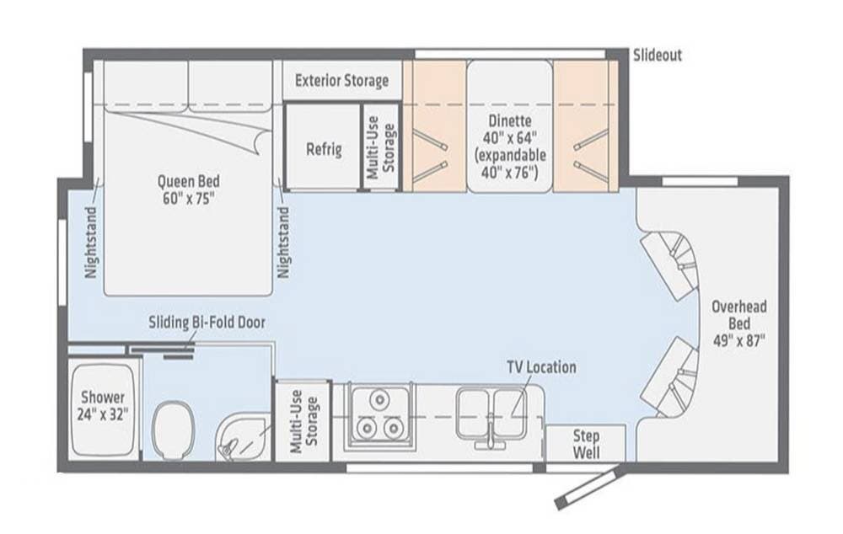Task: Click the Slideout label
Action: pos(657,56)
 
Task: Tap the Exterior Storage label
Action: pos(342,81)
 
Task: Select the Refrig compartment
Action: pos(322,146)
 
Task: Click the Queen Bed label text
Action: pos(189,190)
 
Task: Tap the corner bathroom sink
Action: pos(243,438)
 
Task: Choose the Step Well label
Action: pos(586,444)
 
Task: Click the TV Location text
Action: pos(541,367)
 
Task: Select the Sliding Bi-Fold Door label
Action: pos(207,323)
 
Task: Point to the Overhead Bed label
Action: pos(739,323)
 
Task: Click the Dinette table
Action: pos(509,126)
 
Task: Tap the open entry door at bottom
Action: pos(590,487)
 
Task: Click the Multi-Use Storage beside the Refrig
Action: pos(381,147)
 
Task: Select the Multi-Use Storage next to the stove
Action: pos(303,422)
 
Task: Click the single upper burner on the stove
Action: pos(379,400)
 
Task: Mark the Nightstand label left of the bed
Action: pos(91,243)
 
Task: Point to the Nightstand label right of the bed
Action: pos(282,243)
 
